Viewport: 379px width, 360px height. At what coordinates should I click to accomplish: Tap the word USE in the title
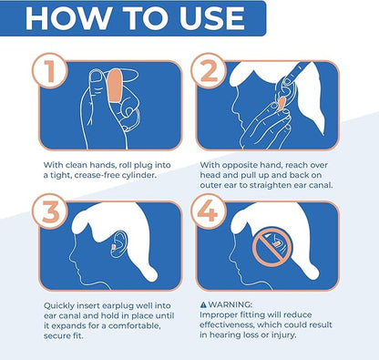point(212,18)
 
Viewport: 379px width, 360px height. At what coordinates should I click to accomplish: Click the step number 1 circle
point(50,71)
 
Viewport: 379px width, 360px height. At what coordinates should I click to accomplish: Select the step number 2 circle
point(209,71)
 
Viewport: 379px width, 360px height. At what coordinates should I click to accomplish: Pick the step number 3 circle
point(50,211)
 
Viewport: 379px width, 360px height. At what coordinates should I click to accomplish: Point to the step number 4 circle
point(209,211)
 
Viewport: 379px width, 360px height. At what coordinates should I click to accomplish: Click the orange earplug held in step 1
point(115,86)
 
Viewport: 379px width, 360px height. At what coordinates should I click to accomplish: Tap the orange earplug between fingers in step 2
point(281,104)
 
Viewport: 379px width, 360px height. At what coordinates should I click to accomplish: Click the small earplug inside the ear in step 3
point(113,247)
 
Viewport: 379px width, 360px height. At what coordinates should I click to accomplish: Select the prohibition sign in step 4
point(271,247)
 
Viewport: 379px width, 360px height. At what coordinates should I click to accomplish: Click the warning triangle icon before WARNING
point(203,304)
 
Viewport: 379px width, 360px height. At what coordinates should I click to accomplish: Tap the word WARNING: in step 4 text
point(230,304)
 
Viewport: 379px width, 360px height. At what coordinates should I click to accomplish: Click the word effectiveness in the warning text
point(228,324)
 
